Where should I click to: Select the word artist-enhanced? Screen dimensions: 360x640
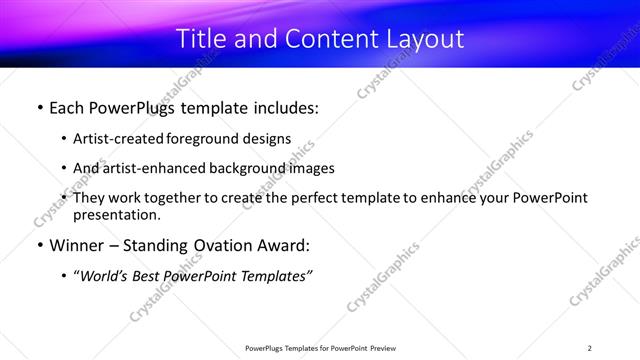click(x=148, y=168)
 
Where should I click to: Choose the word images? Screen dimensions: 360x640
click(x=309, y=168)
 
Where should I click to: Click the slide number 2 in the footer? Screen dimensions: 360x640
click(x=589, y=348)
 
